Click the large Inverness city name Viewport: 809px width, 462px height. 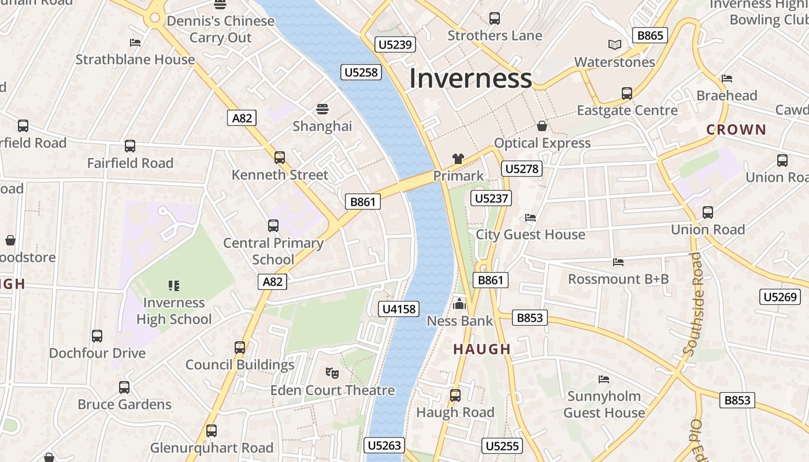[470, 79]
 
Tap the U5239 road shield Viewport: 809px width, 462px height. [396, 44]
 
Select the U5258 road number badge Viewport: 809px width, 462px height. [362, 72]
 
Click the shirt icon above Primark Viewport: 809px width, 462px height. [458, 159]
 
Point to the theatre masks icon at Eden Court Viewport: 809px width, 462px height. [332, 373]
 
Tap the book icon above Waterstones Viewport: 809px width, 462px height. [615, 44]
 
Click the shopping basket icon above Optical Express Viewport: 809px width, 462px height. [542, 126]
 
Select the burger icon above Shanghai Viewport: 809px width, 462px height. [322, 109]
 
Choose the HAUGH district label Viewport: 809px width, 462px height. [482, 349]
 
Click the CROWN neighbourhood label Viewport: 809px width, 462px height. [736, 130]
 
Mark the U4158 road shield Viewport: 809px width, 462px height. [399, 309]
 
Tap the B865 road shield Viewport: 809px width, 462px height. [650, 36]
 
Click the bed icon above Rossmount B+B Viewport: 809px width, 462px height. [618, 262]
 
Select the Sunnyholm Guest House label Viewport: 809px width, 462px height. [604, 404]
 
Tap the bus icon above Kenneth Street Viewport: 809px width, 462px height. [280, 157]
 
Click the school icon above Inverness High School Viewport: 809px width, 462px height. [174, 285]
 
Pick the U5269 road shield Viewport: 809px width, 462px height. [780, 297]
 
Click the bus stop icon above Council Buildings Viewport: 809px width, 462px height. [240, 348]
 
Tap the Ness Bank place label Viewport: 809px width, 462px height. [460, 321]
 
